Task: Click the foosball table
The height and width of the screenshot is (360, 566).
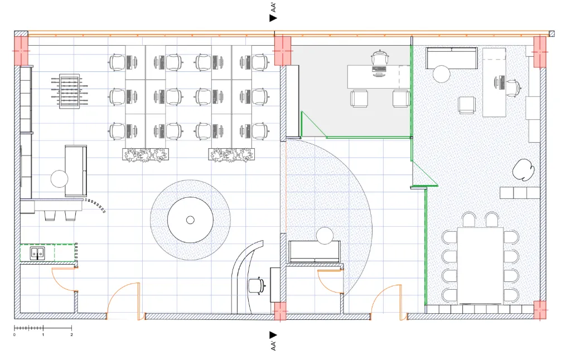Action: [x=70, y=91]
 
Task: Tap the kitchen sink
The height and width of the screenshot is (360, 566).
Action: [x=37, y=254]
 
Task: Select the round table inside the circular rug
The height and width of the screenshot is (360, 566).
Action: [x=190, y=220]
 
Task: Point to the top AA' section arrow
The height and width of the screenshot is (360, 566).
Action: [x=273, y=18]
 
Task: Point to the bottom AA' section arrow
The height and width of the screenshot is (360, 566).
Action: [x=273, y=335]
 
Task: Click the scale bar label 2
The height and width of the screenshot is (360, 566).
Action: [x=71, y=335]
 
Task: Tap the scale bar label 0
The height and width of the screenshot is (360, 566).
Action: [x=14, y=335]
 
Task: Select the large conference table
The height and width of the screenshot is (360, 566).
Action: [x=480, y=266]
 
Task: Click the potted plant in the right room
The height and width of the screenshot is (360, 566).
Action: [x=524, y=170]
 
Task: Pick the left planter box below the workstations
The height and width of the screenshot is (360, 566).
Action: [x=146, y=155]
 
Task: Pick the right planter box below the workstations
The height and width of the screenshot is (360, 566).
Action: [x=232, y=155]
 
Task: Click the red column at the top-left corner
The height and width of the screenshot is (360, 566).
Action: [x=21, y=51]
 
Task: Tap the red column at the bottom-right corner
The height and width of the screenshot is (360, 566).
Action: [x=540, y=309]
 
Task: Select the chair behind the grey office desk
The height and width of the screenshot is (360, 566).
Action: [x=380, y=58]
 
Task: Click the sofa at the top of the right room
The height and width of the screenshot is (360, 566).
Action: [x=451, y=58]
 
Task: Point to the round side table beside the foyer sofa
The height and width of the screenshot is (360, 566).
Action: [x=325, y=236]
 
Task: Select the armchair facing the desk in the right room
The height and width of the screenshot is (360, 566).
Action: [x=467, y=105]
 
